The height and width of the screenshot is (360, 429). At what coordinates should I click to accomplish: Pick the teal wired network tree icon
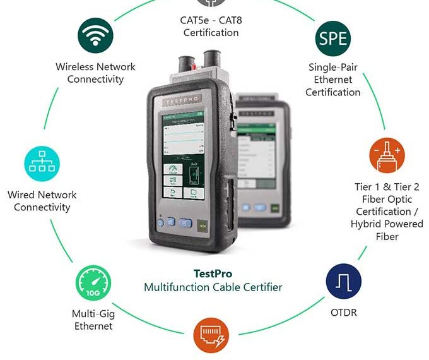(42, 163)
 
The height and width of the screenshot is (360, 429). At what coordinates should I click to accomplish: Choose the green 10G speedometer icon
(93, 283)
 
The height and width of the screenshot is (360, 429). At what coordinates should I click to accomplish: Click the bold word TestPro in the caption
(213, 274)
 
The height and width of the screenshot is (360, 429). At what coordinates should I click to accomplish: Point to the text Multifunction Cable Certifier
(213, 287)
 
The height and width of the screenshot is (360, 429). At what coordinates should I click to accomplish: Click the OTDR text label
(344, 313)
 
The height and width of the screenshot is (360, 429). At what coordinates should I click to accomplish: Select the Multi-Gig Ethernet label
(93, 320)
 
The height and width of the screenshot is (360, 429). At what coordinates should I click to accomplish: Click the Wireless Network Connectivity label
(95, 73)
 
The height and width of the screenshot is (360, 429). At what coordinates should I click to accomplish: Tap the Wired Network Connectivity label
(42, 201)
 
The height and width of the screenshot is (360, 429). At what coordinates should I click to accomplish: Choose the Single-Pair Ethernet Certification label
(332, 80)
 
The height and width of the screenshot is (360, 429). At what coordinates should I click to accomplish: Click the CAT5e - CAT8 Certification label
(211, 27)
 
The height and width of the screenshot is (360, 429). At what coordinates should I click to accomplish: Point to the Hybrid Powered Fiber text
(387, 231)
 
